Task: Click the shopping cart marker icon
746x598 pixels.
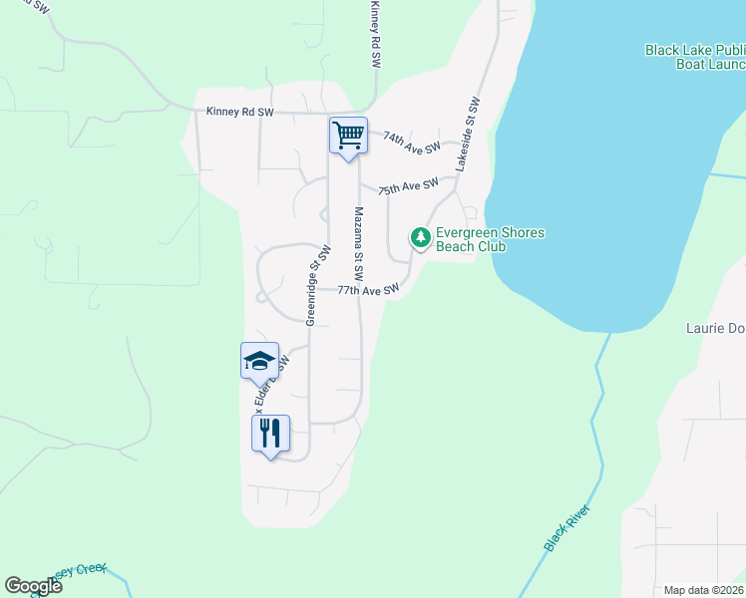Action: pyautogui.click(x=348, y=136)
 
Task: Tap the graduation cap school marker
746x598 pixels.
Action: pyautogui.click(x=259, y=361)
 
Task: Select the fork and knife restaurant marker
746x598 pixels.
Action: pyautogui.click(x=269, y=434)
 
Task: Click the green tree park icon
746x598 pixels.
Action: pyautogui.click(x=421, y=237)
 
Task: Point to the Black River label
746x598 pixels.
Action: pyautogui.click(x=567, y=528)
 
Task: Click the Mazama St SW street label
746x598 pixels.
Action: pyautogui.click(x=357, y=243)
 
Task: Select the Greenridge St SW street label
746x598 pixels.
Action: pyautogui.click(x=317, y=285)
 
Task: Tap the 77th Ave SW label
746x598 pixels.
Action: pyautogui.click(x=367, y=291)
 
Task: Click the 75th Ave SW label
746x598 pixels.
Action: pyautogui.click(x=408, y=185)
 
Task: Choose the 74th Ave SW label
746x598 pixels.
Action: pyautogui.click(x=410, y=144)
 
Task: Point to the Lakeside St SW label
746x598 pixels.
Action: pyautogui.click(x=469, y=135)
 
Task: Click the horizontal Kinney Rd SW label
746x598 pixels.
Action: pyautogui.click(x=239, y=113)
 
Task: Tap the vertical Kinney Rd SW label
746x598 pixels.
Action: pyautogui.click(x=376, y=34)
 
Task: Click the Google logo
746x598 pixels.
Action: pyautogui.click(x=33, y=586)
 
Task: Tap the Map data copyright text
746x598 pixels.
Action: pyautogui.click(x=704, y=589)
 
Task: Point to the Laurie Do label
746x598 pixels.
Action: pyautogui.click(x=715, y=327)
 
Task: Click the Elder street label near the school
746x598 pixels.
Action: pyautogui.click(x=269, y=383)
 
